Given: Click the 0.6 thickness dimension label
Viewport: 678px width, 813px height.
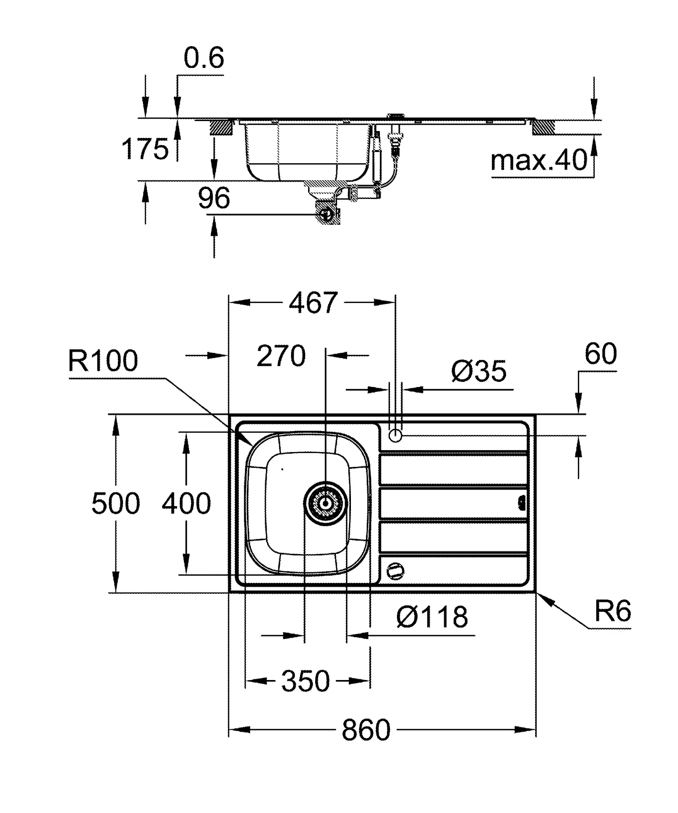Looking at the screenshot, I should point(204,58).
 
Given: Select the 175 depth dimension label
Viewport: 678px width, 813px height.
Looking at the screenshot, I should point(145,149).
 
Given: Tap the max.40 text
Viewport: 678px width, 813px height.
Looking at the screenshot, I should point(539,160).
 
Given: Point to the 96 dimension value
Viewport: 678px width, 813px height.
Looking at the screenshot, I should point(214,198).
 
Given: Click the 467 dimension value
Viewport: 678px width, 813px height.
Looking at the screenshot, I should point(313,303).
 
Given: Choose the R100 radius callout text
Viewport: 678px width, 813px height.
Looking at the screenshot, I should point(103,361).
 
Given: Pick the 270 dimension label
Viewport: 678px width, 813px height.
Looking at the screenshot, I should point(281,356).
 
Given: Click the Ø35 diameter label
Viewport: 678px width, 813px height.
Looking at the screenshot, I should point(479,371).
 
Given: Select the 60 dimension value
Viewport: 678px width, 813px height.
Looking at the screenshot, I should point(600,354).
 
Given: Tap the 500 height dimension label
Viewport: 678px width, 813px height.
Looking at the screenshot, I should point(116,503).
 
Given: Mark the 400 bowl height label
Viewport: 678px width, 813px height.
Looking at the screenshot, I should point(186,503).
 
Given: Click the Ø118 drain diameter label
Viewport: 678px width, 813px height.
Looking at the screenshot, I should point(432,617).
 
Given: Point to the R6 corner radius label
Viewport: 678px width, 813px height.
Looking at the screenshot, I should point(613,611).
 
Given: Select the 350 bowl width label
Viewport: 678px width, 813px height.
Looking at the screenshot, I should point(305,681).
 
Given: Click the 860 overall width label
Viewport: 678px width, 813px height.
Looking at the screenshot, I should point(366,730).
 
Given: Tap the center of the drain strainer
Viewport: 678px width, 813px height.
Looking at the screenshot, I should point(326,503).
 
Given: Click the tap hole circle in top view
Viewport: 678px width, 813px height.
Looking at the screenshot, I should point(395,436).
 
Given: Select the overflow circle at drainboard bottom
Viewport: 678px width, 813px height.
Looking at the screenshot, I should point(395,571).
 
